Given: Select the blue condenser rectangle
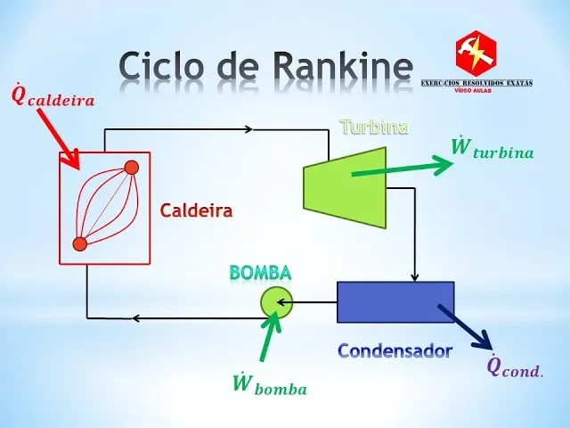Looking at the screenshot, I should [395, 301].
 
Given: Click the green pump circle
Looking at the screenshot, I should [275, 302].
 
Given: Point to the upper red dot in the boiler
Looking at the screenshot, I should [131, 168].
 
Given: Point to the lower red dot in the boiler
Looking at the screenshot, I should [79, 243].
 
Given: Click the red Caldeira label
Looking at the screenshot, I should [196, 211].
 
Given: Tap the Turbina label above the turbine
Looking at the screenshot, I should [374, 127].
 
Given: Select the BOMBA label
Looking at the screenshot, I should [260, 273].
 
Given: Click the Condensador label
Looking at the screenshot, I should [395, 351].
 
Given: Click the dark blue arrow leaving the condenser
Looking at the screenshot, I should [465, 326].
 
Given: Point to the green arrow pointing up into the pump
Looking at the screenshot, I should [268, 336].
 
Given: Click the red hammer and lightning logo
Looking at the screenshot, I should [476, 53].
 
